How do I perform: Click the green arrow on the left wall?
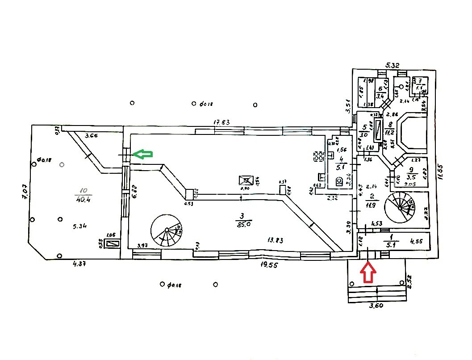pos(143,154)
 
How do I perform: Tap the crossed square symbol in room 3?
pos(246,180)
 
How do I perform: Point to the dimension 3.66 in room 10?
pos(91,135)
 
